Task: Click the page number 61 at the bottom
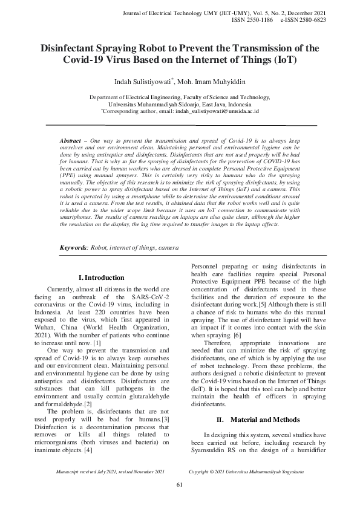click(180, 485)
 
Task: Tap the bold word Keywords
click(73, 248)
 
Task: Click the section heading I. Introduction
click(102, 277)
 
